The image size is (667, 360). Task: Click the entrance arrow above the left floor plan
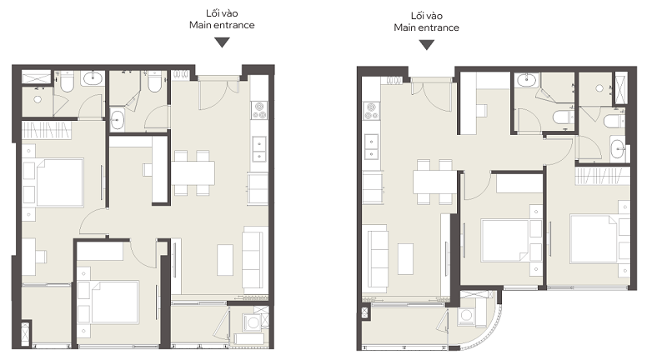pos(222,42)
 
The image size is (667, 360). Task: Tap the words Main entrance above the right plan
pos(426,27)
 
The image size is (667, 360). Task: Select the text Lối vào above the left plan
pos(222,13)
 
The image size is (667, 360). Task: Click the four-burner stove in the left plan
pos(259,110)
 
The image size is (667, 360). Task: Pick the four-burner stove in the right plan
pos(371,111)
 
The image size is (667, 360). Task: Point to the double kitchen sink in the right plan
pos(371,147)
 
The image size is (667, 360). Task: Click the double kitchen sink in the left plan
pos(259,150)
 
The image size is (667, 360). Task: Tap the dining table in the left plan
pos(193,172)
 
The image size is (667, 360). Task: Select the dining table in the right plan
pos(434,182)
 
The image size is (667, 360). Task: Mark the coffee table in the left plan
pos(225,260)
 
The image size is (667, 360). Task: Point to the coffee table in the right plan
pos(405,259)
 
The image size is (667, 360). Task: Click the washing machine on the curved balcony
pos(467,316)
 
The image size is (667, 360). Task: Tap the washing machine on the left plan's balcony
pos(253,322)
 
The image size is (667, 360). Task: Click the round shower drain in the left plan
pos(38,99)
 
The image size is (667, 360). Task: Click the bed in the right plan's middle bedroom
pos(504,240)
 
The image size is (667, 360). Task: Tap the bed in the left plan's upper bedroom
pos(60,182)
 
